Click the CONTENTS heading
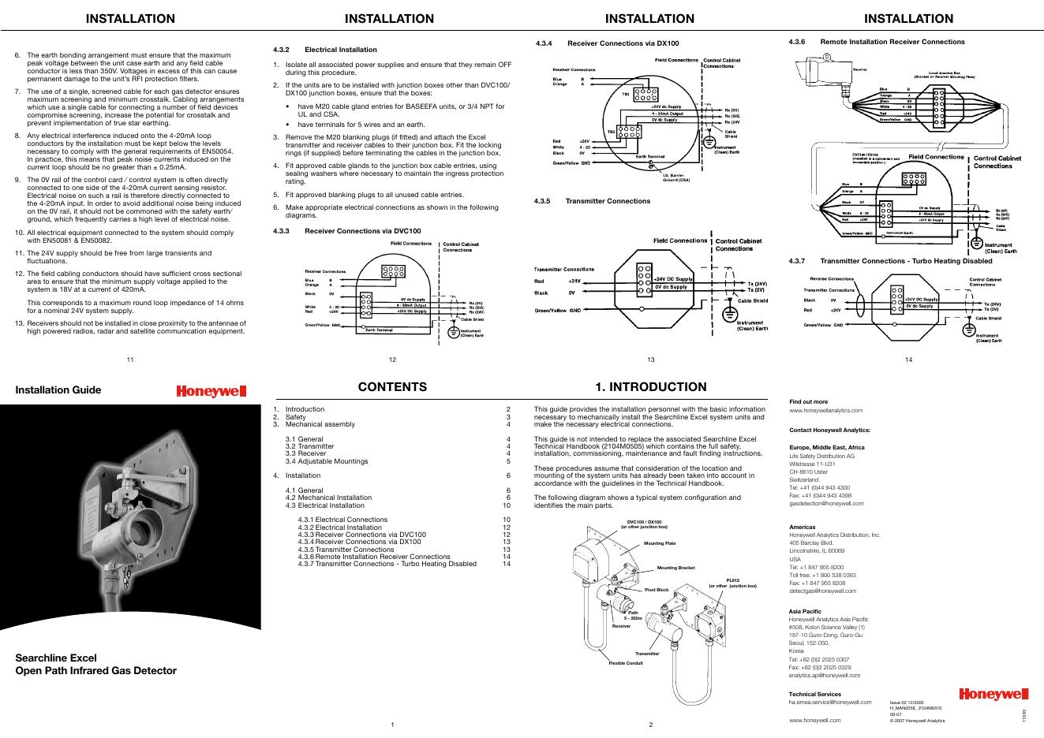point(392,387)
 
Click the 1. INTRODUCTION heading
point(651,387)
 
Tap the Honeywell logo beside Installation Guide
point(211,391)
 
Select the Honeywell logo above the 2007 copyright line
point(994,695)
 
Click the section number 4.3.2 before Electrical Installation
point(282,50)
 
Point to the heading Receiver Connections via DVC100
point(363,231)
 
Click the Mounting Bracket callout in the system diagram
point(675,568)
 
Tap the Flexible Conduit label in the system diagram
point(626,663)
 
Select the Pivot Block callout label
point(657,590)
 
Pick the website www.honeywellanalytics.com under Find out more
point(826,410)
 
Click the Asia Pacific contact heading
point(805,611)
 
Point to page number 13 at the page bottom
point(651,360)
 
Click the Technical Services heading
point(814,695)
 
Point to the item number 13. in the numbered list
point(20,323)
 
